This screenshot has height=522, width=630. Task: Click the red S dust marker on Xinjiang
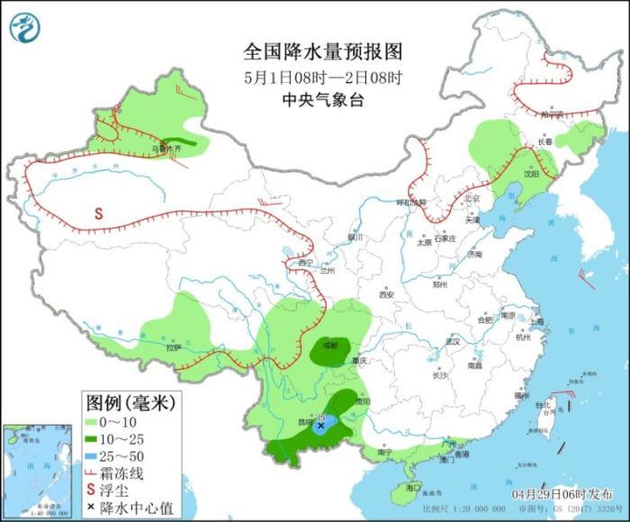99,214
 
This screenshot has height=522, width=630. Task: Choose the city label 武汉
453,341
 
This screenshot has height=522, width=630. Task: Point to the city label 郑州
439,284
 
